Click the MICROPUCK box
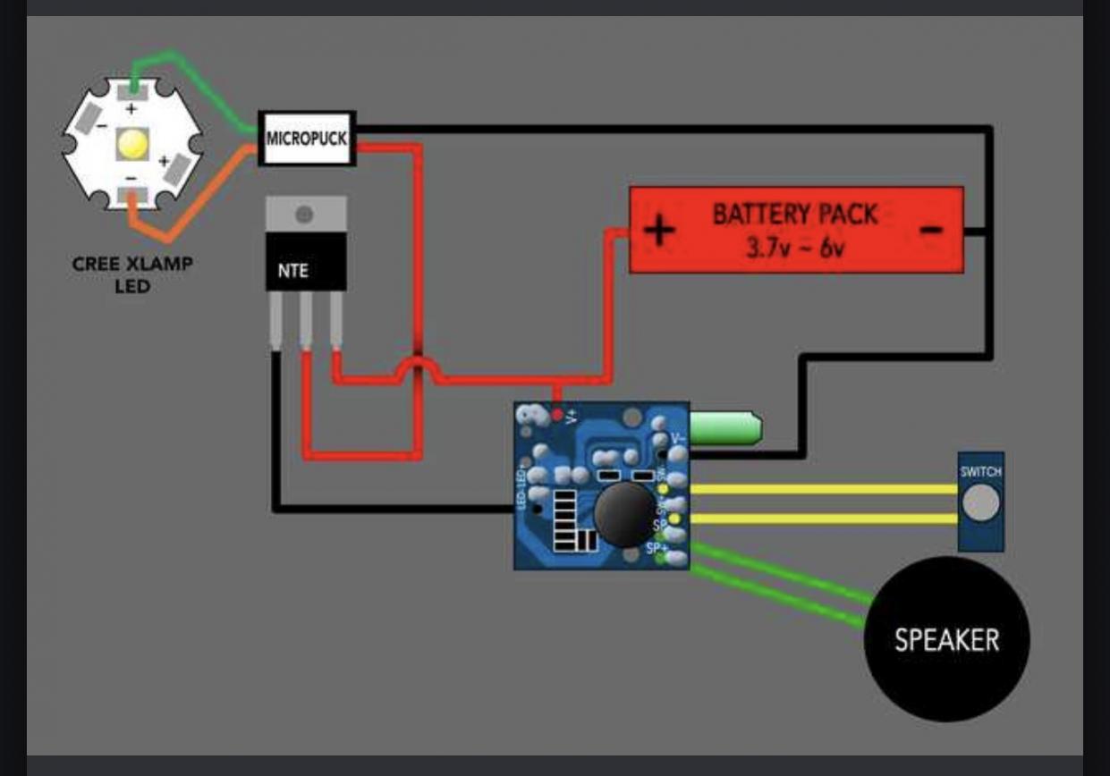(307, 139)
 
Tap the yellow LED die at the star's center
(131, 143)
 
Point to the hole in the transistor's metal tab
(305, 215)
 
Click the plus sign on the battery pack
(659, 231)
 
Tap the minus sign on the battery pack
(931, 229)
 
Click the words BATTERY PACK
(795, 215)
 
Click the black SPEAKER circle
(946, 639)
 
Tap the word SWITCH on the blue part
(981, 471)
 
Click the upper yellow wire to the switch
(823, 489)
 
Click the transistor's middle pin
(306, 326)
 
